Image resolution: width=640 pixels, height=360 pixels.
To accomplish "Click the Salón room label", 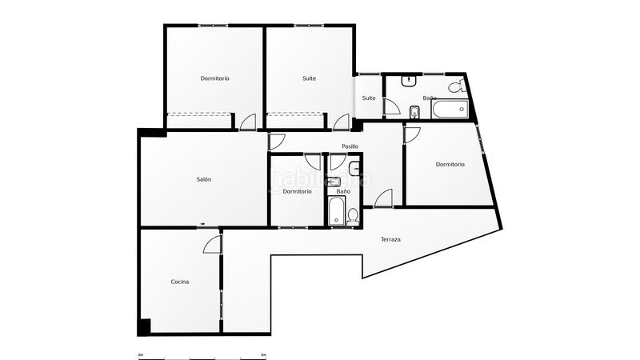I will pyautogui.click(x=204, y=180).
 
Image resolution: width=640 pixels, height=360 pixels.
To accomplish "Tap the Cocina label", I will pyautogui.click(x=180, y=282).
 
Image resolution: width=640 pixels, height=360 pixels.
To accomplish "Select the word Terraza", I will pyautogui.click(x=391, y=240).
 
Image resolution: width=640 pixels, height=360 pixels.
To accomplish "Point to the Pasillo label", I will pyautogui.click(x=350, y=146).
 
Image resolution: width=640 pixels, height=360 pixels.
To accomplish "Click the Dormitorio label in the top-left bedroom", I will pyautogui.click(x=214, y=78).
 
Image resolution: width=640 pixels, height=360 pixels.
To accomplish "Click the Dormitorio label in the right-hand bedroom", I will pyautogui.click(x=450, y=165).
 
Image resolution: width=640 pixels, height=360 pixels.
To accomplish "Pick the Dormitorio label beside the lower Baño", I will pyautogui.click(x=297, y=191).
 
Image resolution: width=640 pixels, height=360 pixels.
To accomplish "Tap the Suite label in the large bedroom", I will pyautogui.click(x=309, y=78).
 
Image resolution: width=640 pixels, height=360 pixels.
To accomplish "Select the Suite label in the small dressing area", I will pyautogui.click(x=369, y=98).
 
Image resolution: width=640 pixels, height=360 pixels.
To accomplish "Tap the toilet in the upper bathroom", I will pyautogui.click(x=455, y=86).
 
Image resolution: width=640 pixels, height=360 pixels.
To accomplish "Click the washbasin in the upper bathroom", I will pyautogui.click(x=410, y=80).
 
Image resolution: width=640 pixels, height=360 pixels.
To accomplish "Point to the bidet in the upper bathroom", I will pyautogui.click(x=414, y=112).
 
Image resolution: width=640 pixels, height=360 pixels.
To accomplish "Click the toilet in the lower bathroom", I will pyautogui.click(x=353, y=214).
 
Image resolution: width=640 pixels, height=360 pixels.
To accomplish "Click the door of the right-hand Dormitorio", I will pyautogui.click(x=411, y=134).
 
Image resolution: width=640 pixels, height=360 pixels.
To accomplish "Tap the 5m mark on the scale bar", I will pyautogui.click(x=264, y=354).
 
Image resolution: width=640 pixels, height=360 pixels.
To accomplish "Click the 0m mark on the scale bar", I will pyautogui.click(x=140, y=354).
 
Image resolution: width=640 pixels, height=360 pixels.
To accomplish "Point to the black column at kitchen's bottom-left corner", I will pyautogui.click(x=144, y=326).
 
